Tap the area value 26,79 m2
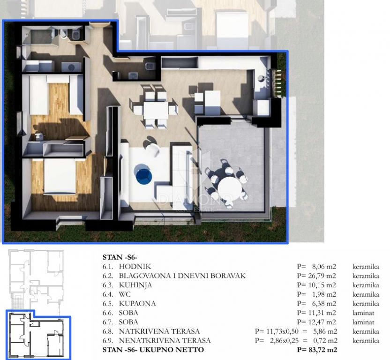(x=321, y=276)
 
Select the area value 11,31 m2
(x=321, y=313)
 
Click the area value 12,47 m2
(x=321, y=322)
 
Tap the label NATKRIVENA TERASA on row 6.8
(x=159, y=331)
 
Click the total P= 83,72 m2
(x=316, y=350)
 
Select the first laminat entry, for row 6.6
(x=363, y=313)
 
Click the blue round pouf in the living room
(x=143, y=174)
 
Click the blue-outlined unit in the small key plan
(x=37, y=335)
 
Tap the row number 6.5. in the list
(x=109, y=303)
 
